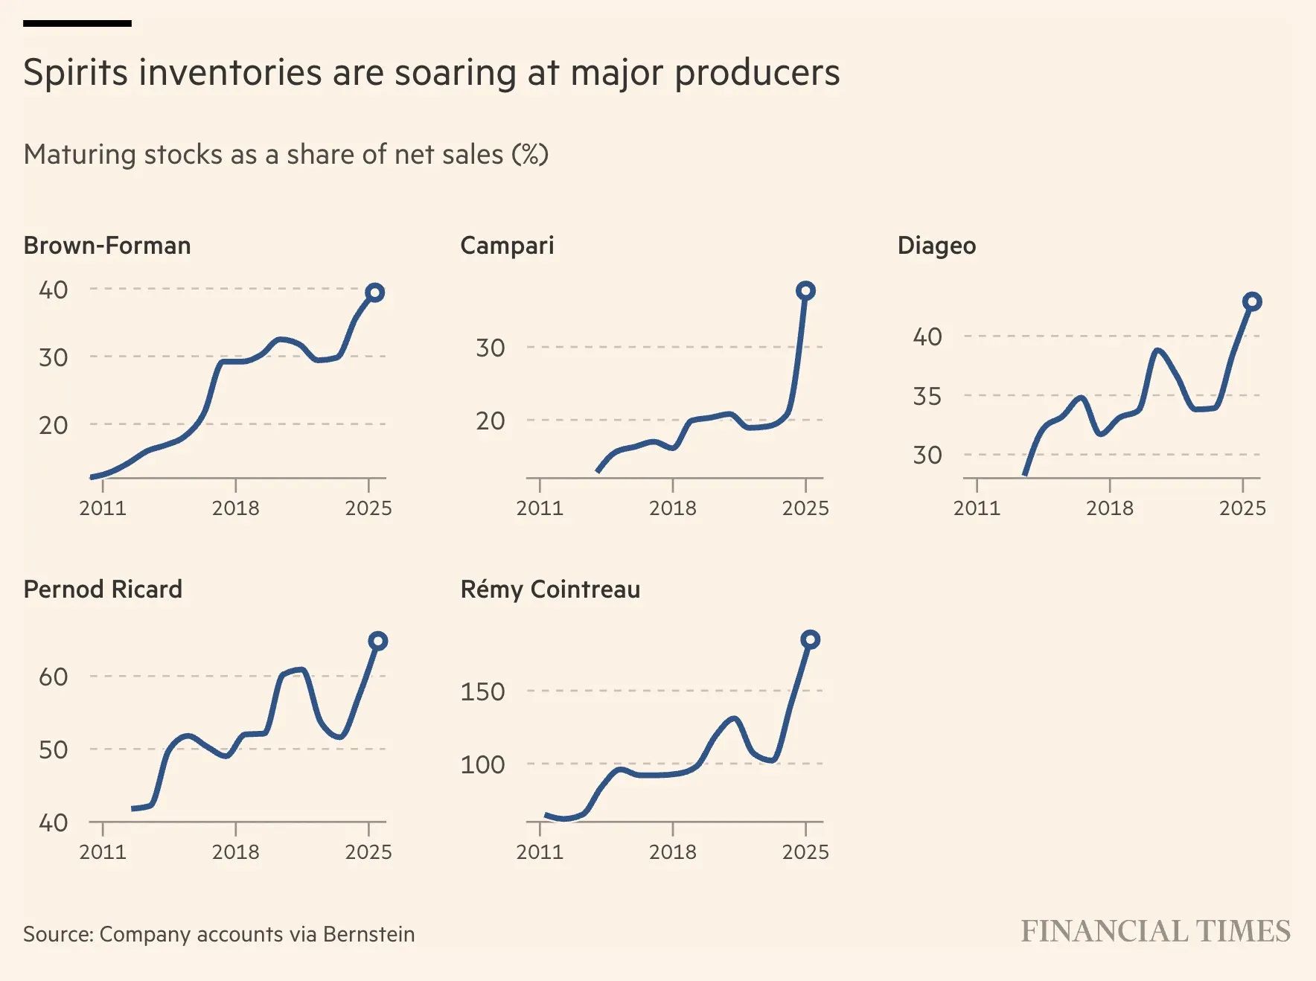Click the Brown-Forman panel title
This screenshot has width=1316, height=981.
(x=107, y=246)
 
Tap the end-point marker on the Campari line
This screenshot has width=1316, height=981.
(x=805, y=290)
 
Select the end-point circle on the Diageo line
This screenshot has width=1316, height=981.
(x=1252, y=301)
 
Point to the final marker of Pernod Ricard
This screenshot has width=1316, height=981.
(x=377, y=641)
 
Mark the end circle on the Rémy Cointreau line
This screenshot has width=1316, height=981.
(x=810, y=639)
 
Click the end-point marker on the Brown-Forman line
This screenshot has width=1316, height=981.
(x=375, y=293)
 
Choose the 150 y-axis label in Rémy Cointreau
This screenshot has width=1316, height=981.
(x=482, y=691)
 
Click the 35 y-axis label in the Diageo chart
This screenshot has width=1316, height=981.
(x=927, y=396)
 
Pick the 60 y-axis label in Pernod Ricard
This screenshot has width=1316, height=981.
(x=53, y=677)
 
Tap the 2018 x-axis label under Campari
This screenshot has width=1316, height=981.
(x=673, y=508)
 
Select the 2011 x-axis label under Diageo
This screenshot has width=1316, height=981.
(x=977, y=508)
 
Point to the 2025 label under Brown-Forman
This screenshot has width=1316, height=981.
(x=368, y=508)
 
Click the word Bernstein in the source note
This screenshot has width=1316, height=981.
(x=369, y=934)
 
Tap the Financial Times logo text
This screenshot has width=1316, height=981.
(x=1155, y=932)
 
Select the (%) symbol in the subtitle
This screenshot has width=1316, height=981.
(x=530, y=154)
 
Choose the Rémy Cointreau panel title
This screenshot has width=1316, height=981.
(x=550, y=589)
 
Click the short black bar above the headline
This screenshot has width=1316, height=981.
(x=77, y=24)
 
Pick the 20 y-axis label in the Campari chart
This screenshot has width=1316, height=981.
(x=491, y=421)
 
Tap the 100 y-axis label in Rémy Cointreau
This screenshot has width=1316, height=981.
(x=482, y=764)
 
